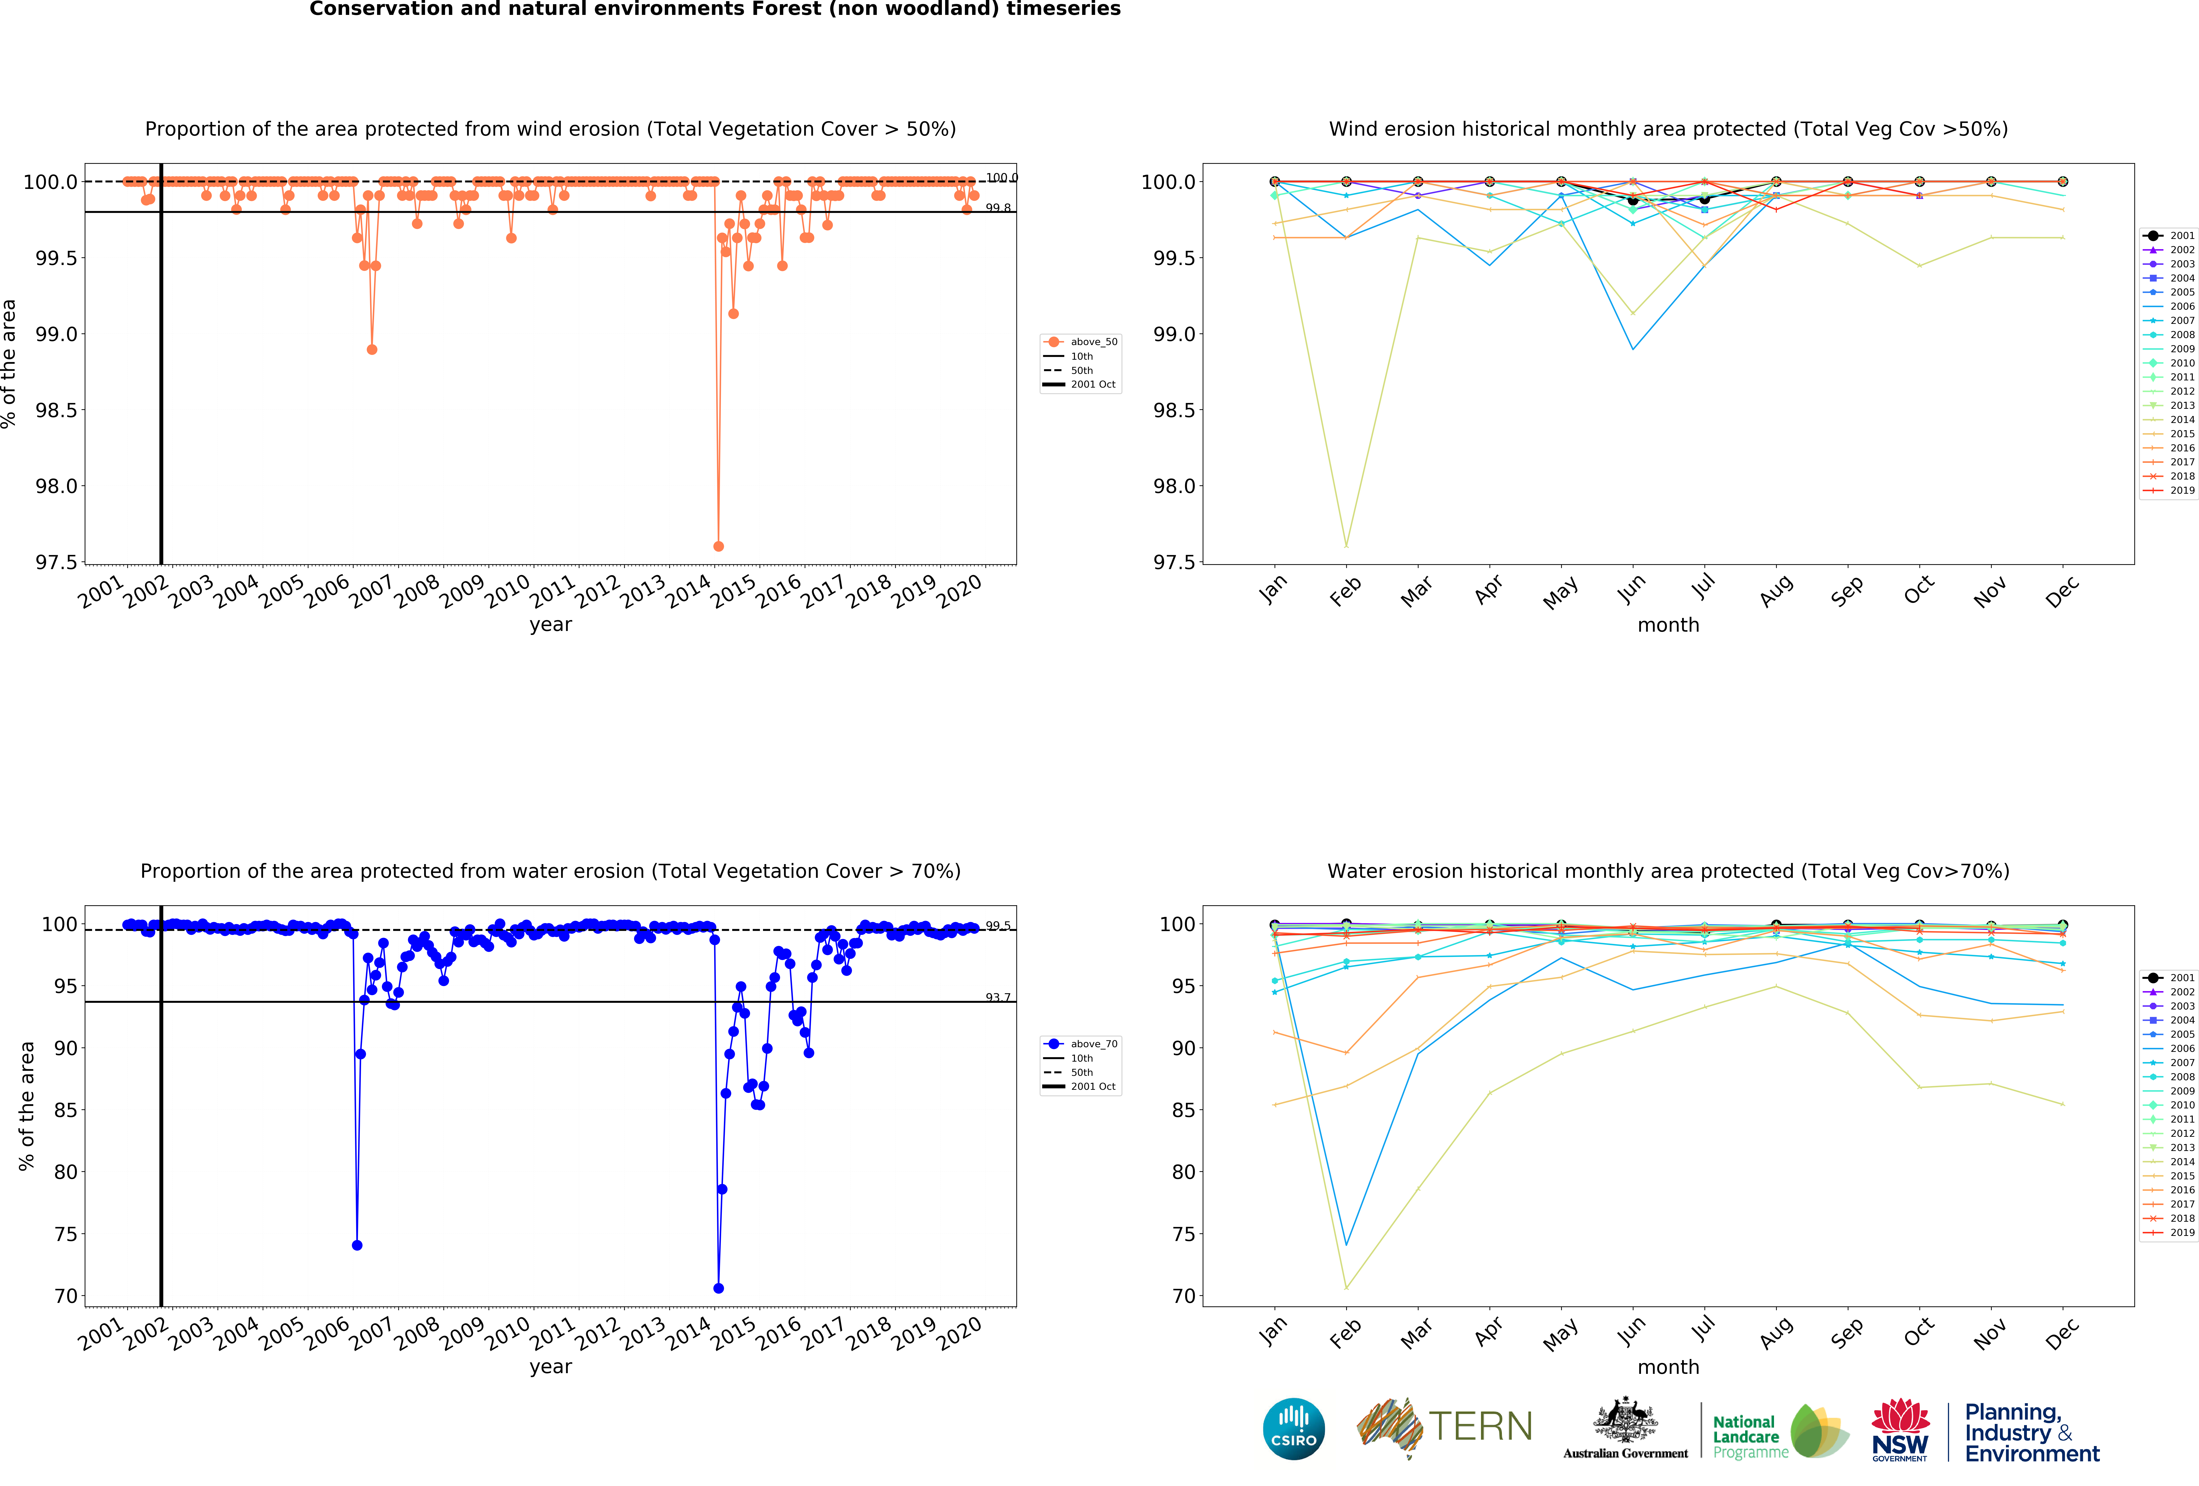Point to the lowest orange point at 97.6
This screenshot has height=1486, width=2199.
pos(718,546)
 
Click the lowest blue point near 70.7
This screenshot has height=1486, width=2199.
pos(718,1288)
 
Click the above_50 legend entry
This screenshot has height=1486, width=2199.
pos(1093,342)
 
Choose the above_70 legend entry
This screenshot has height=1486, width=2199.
pos(1093,1044)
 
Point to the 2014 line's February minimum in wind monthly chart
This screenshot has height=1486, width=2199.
pos(1346,545)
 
